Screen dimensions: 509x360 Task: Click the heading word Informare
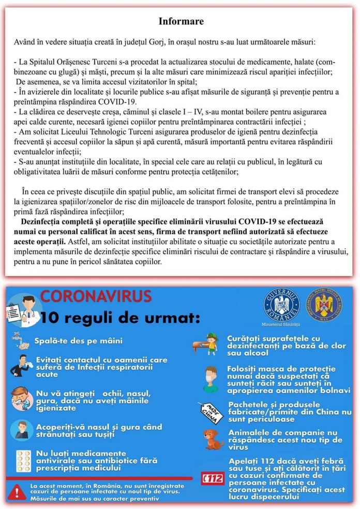(181, 22)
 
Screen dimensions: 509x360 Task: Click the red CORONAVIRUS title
(96, 296)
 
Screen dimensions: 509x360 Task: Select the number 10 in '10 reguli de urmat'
(52, 316)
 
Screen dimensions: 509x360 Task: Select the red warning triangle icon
(17, 490)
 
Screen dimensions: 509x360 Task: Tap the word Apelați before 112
(244, 460)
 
